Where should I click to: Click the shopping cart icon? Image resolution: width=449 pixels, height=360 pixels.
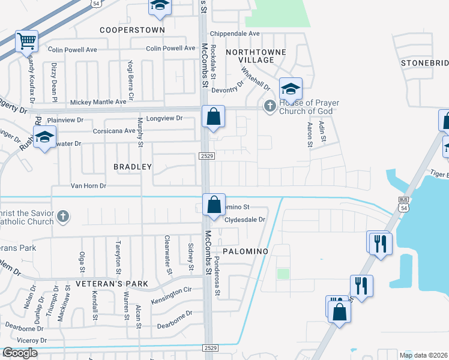[27, 41]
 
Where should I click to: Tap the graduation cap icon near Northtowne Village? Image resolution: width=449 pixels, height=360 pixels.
[291, 90]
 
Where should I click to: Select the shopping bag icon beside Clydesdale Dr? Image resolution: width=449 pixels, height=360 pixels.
[214, 205]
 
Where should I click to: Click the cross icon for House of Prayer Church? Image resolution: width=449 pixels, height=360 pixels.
[270, 106]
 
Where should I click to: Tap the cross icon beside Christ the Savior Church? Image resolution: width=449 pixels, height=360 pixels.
[63, 216]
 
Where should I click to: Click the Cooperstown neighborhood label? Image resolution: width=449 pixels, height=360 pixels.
[132, 29]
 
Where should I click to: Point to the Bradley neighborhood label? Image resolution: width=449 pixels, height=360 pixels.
[133, 166]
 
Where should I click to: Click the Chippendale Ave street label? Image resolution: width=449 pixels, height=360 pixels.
[235, 34]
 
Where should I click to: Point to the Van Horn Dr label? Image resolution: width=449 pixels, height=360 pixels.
[88, 186]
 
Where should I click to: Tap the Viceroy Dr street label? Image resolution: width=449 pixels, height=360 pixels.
[22, 340]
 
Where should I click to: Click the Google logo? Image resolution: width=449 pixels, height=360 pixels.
[20, 353]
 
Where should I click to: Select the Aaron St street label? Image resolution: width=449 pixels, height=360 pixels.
[310, 134]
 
